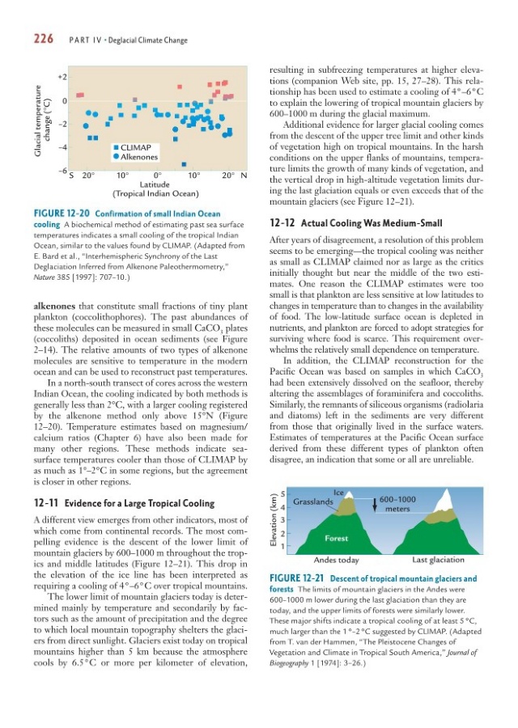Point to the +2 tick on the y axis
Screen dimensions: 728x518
[61, 77]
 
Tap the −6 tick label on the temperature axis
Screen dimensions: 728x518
[61, 171]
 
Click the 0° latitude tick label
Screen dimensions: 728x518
[158, 175]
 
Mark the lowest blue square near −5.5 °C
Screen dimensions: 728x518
[185, 164]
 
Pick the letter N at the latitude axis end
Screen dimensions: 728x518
[244, 175]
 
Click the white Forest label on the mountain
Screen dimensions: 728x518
[338, 538]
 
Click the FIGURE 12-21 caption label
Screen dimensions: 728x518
[303, 578]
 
